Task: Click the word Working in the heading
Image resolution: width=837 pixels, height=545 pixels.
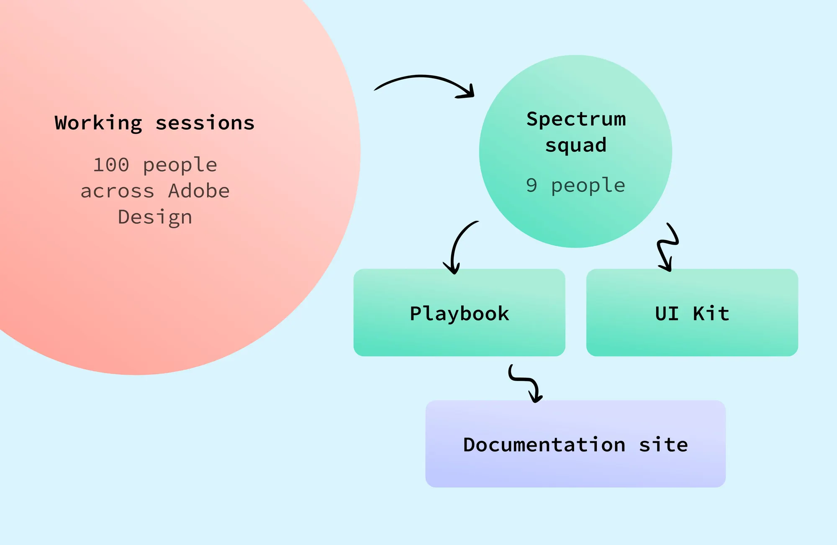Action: pyautogui.click(x=99, y=123)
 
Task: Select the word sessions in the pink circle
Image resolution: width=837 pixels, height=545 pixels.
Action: pyautogui.click(x=205, y=123)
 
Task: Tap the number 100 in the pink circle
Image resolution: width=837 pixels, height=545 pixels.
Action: pyautogui.click(x=111, y=165)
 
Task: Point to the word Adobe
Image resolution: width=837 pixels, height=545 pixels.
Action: pyautogui.click(x=199, y=191)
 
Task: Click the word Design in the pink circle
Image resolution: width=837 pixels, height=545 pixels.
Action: pyautogui.click(x=155, y=217)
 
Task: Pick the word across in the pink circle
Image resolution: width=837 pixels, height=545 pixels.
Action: pyautogui.click(x=117, y=191)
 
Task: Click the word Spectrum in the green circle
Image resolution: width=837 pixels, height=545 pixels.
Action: pyautogui.click(x=576, y=119)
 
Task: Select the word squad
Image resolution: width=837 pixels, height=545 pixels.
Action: pyautogui.click(x=576, y=146)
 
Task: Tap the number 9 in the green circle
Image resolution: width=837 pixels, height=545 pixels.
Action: pyautogui.click(x=531, y=185)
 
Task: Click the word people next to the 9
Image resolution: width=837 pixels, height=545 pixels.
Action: pyautogui.click(x=588, y=186)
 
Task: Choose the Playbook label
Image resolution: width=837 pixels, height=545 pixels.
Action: pyautogui.click(x=460, y=314)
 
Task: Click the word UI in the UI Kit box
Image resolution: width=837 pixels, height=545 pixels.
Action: pyautogui.click(x=667, y=314)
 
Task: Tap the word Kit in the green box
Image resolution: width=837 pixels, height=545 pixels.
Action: pyautogui.click(x=711, y=314)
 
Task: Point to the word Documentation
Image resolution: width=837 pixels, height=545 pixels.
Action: pyautogui.click(x=544, y=445)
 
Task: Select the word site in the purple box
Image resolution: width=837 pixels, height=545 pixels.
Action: pyautogui.click(x=663, y=445)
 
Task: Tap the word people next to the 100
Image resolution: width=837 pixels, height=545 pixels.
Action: pyautogui.click(x=180, y=165)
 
